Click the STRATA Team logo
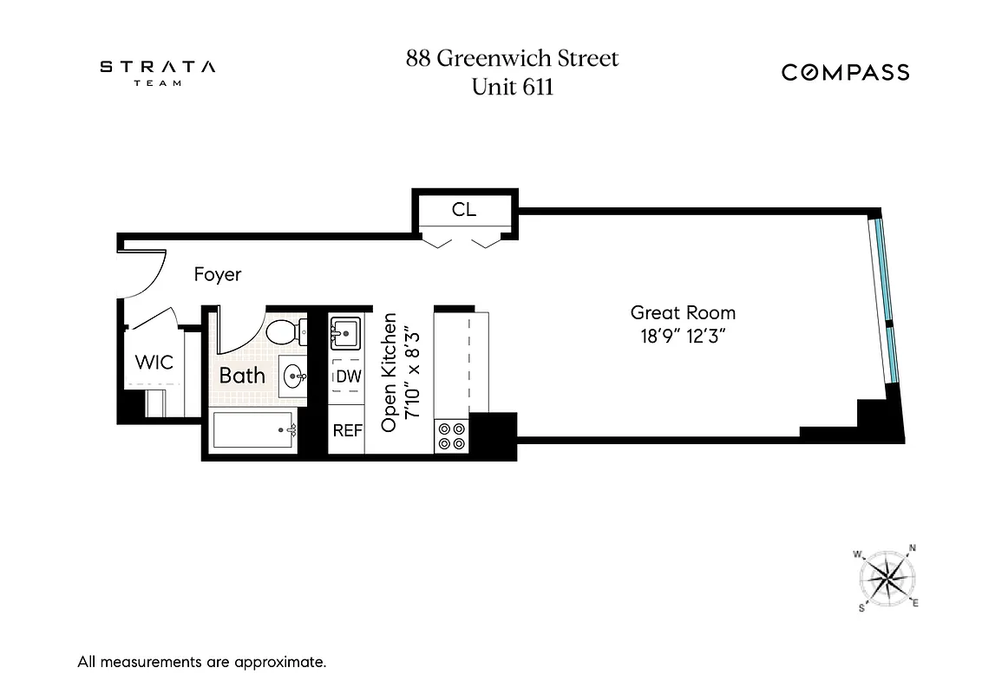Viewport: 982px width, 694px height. [157, 72]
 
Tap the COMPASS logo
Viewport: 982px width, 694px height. [845, 72]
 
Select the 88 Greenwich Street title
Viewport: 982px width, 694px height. [512, 59]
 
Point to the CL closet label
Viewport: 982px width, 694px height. [464, 210]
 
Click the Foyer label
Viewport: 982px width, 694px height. [217, 275]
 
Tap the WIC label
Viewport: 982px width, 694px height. [154, 363]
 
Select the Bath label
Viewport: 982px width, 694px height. [242, 376]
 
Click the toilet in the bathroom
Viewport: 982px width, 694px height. [284, 331]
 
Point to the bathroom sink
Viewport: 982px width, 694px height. [293, 376]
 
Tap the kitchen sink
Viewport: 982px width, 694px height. [346, 332]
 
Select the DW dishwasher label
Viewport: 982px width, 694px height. [347, 376]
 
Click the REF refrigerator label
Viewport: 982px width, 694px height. [347, 430]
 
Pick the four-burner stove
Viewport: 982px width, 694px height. [450, 435]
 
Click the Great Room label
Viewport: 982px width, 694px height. [683, 313]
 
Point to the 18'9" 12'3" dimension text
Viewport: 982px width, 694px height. [683, 337]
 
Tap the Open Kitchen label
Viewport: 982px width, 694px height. [390, 373]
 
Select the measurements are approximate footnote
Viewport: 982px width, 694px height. [202, 663]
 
